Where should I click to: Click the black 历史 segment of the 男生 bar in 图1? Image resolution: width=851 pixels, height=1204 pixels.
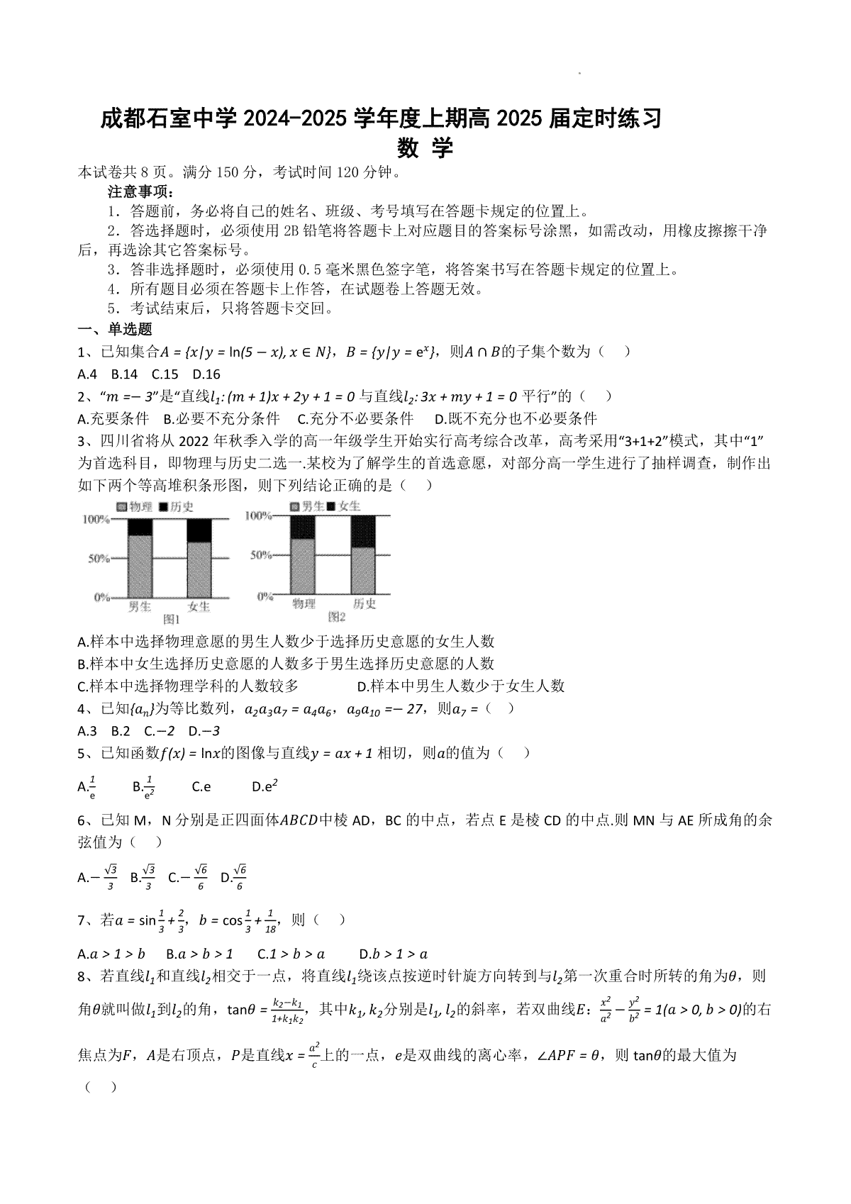pyautogui.click(x=140, y=527)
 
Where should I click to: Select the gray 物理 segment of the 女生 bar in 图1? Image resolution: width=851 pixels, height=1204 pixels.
pyautogui.click(x=199, y=570)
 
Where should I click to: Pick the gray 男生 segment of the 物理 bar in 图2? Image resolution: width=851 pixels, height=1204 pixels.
pyautogui.click(x=303, y=567)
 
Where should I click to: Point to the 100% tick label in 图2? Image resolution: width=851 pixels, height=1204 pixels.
pyautogui.click(x=258, y=515)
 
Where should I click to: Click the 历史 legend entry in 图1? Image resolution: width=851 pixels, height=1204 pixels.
pyautogui.click(x=177, y=507)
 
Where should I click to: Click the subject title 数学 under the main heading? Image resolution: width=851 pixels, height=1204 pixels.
pyautogui.click(x=425, y=149)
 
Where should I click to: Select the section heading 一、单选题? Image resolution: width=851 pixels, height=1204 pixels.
pyautogui.click(x=114, y=329)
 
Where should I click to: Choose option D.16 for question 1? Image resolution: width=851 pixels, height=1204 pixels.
pyautogui.click(x=206, y=374)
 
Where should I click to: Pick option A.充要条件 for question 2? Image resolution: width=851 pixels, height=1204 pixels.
pyautogui.click(x=113, y=418)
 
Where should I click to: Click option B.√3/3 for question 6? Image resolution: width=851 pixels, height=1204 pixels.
pyautogui.click(x=143, y=877)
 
